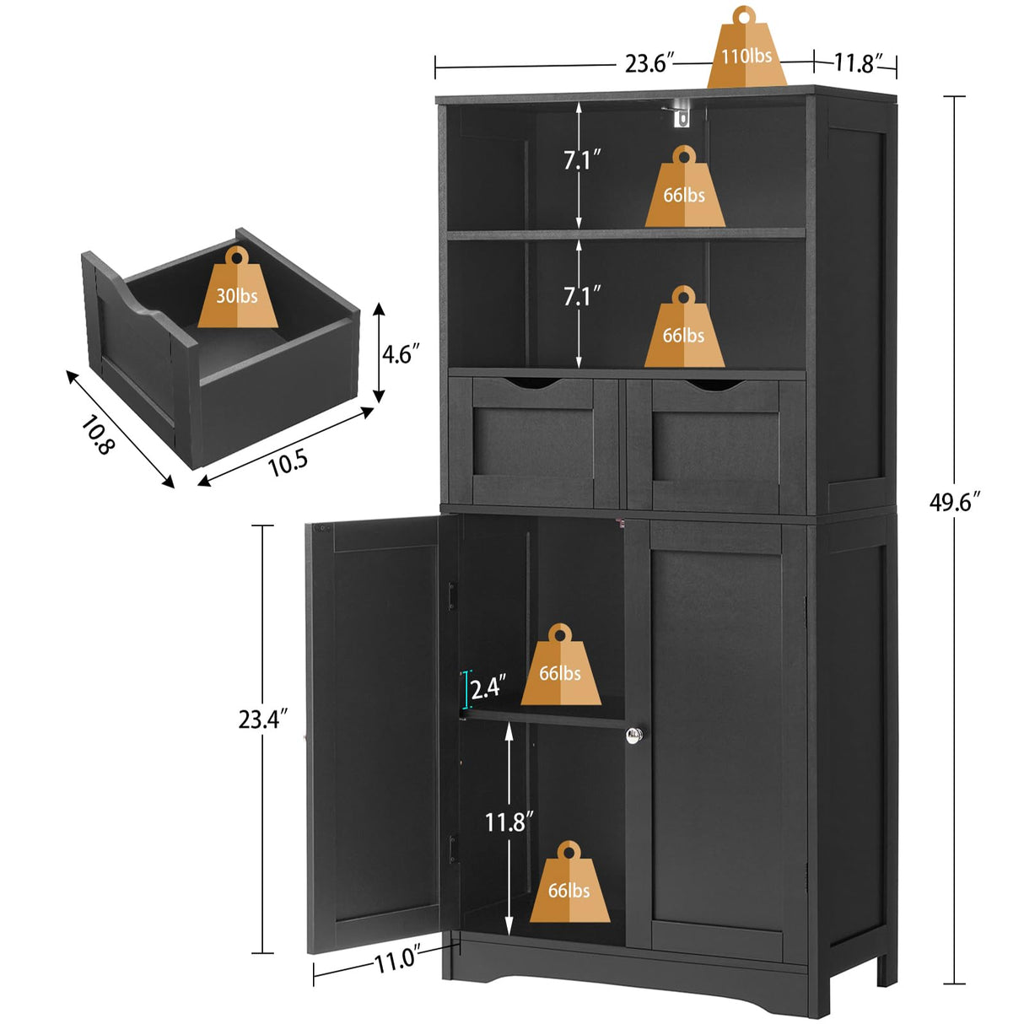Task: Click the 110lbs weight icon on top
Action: pyautogui.click(x=746, y=52)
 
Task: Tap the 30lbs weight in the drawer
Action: pyautogui.click(x=237, y=292)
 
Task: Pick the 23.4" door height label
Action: pyautogui.click(x=263, y=719)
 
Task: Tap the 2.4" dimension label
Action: pyautogui.click(x=488, y=688)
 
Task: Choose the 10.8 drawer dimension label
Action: pyautogui.click(x=96, y=435)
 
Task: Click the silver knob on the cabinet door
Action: pyautogui.click(x=635, y=736)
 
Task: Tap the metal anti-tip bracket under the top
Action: pyautogui.click(x=680, y=112)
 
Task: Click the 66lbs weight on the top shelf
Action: pyautogui.click(x=684, y=191)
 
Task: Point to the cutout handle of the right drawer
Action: pyautogui.click(x=711, y=386)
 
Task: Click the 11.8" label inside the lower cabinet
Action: pyautogui.click(x=509, y=822)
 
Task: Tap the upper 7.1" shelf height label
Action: pyautogui.click(x=582, y=159)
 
